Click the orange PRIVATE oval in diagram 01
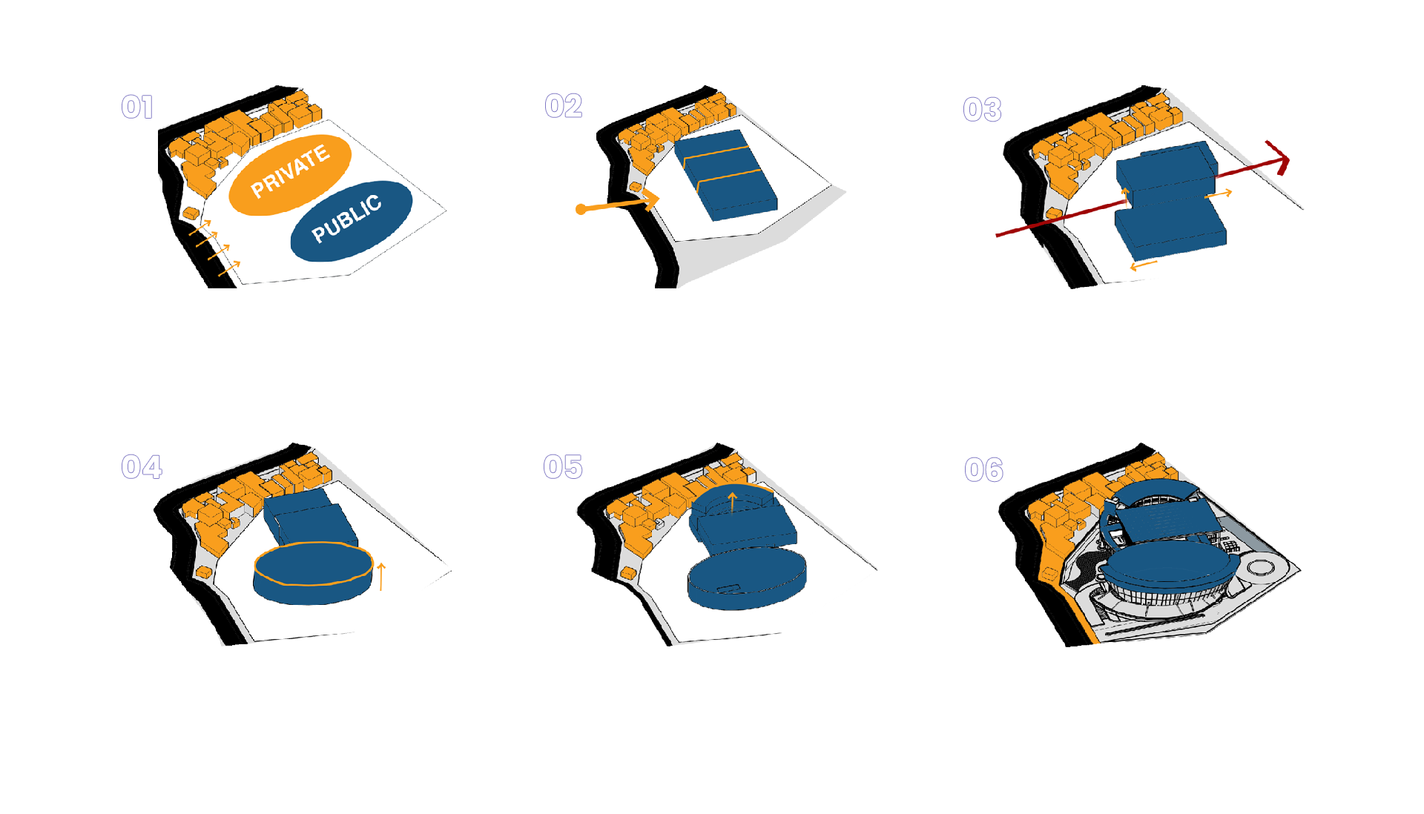[x=289, y=175]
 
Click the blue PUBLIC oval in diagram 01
[x=350, y=220]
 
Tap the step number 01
[x=137, y=107]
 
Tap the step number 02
[x=563, y=107]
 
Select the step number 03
[x=982, y=110]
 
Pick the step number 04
[x=142, y=467]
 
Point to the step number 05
[x=563, y=467]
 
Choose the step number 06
[x=983, y=470]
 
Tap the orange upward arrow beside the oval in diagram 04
[x=381, y=576]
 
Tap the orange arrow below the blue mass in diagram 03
[x=1143, y=265]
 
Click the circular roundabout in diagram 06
[x=1259, y=568]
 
